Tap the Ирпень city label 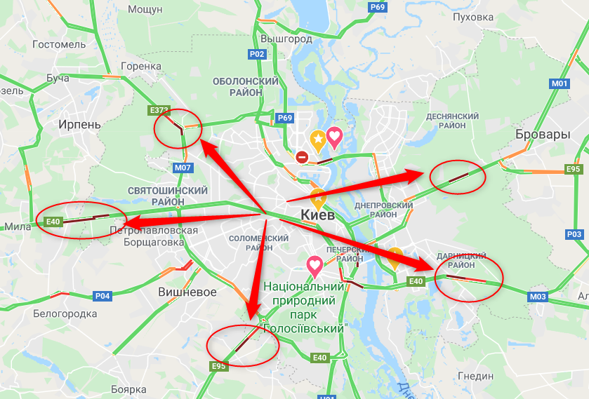click(x=79, y=125)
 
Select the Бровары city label click(x=542, y=134)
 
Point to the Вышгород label click(x=286, y=39)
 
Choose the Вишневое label click(x=187, y=292)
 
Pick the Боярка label click(x=128, y=389)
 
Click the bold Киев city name click(x=321, y=214)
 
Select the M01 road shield click(x=560, y=83)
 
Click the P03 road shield click(x=574, y=234)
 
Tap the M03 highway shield click(x=538, y=297)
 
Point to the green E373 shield click(x=159, y=110)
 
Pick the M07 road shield click(x=183, y=168)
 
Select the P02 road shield click(x=257, y=54)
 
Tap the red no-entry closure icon click(x=302, y=158)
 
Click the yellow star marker click(x=318, y=140)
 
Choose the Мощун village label click(x=146, y=9)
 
